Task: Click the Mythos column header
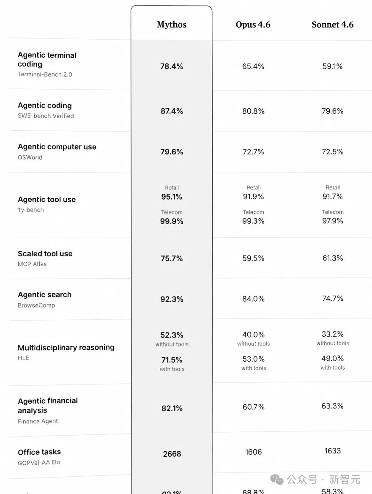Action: tap(172, 25)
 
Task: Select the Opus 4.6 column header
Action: tap(253, 25)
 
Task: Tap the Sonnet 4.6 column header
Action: tap(332, 25)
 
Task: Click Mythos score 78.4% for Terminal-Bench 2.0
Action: tap(172, 66)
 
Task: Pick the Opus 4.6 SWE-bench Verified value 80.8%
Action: tap(253, 111)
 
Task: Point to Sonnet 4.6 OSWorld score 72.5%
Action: tap(333, 152)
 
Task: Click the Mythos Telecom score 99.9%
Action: tap(172, 221)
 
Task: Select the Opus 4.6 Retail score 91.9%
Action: tap(254, 197)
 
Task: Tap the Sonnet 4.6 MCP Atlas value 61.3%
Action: tap(333, 258)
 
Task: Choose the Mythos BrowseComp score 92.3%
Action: tap(172, 299)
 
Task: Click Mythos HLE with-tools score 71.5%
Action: tap(172, 360)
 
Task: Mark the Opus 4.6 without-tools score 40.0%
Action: tap(254, 335)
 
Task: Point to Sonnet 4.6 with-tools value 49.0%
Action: tap(333, 359)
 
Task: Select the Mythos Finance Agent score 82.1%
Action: tap(172, 408)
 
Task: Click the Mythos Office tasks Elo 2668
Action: tap(172, 454)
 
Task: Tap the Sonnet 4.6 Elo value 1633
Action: tap(333, 451)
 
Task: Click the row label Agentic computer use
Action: tap(57, 147)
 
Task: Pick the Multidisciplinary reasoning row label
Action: tap(66, 347)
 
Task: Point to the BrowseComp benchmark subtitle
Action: tap(36, 305)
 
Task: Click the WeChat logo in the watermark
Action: tap(277, 479)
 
